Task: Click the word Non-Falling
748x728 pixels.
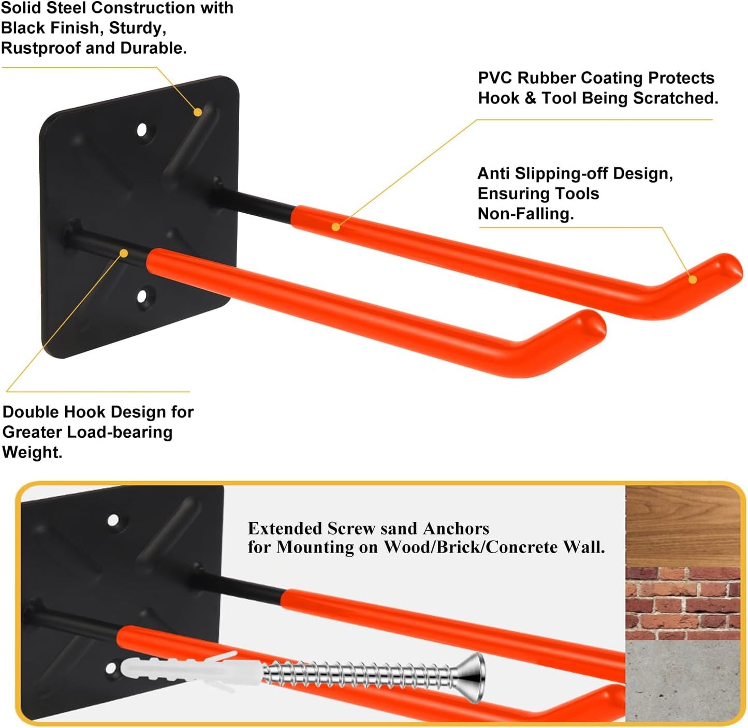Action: tap(525, 214)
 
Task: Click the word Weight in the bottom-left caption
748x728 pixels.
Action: tap(31, 452)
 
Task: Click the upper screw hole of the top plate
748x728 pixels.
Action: tap(142, 130)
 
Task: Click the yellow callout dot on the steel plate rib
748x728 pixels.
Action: tap(198, 112)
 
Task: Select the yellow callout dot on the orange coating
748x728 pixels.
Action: tap(336, 227)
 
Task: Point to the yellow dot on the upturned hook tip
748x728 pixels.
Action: tap(693, 279)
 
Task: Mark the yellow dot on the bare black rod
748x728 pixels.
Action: tap(124, 253)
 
